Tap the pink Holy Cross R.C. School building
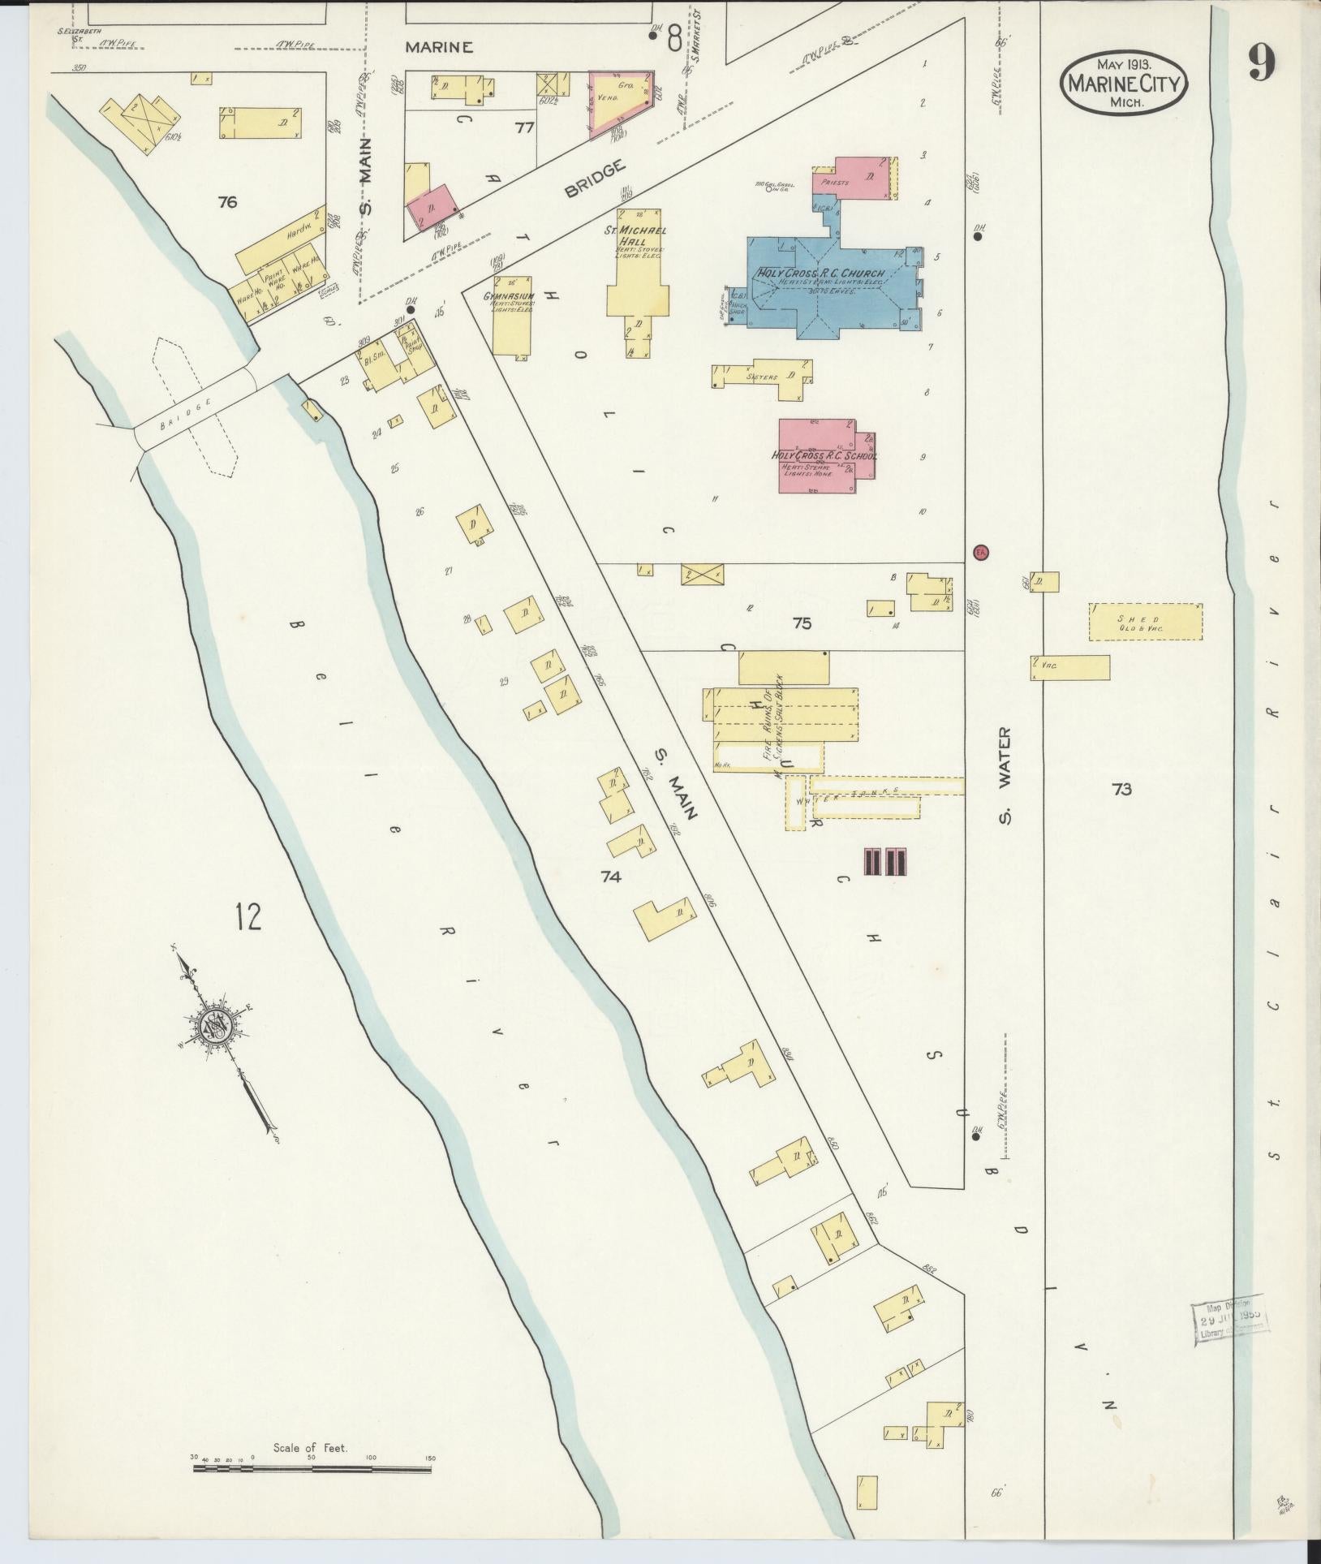pyautogui.click(x=820, y=456)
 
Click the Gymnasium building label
pyautogui.click(x=509, y=297)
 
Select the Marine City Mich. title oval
pyautogui.click(x=1123, y=82)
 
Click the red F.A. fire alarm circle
pyautogui.click(x=979, y=552)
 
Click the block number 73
pyautogui.click(x=1121, y=788)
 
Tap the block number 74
pyautogui.click(x=611, y=876)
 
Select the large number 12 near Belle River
pyautogui.click(x=248, y=916)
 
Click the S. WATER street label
pyautogui.click(x=1005, y=774)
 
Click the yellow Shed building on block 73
pyautogui.click(x=1145, y=622)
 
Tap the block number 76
pyautogui.click(x=227, y=202)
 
